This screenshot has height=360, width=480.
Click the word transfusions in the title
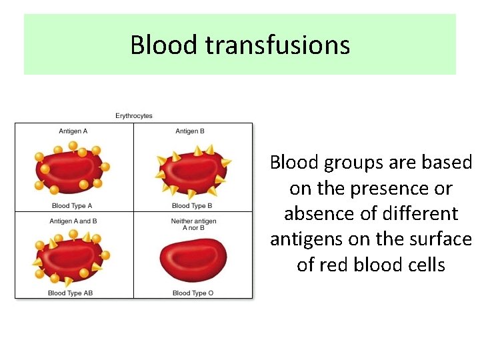pyautogui.click(x=277, y=45)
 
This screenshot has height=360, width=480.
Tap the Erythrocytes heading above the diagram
pyautogui.click(x=134, y=116)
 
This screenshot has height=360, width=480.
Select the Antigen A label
pyautogui.click(x=73, y=131)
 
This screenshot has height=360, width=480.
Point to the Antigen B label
pyautogui.click(x=190, y=131)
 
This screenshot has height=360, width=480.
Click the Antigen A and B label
pyautogui.click(x=73, y=221)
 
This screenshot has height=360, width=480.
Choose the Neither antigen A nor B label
pyautogui.click(x=193, y=224)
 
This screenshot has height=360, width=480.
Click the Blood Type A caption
pyautogui.click(x=72, y=206)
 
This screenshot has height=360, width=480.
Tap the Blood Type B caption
pyautogui.click(x=192, y=206)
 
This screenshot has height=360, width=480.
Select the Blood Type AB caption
pyautogui.click(x=71, y=293)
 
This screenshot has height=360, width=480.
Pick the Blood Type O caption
pyautogui.click(x=193, y=293)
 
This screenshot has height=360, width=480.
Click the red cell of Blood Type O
pyautogui.click(x=194, y=259)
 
